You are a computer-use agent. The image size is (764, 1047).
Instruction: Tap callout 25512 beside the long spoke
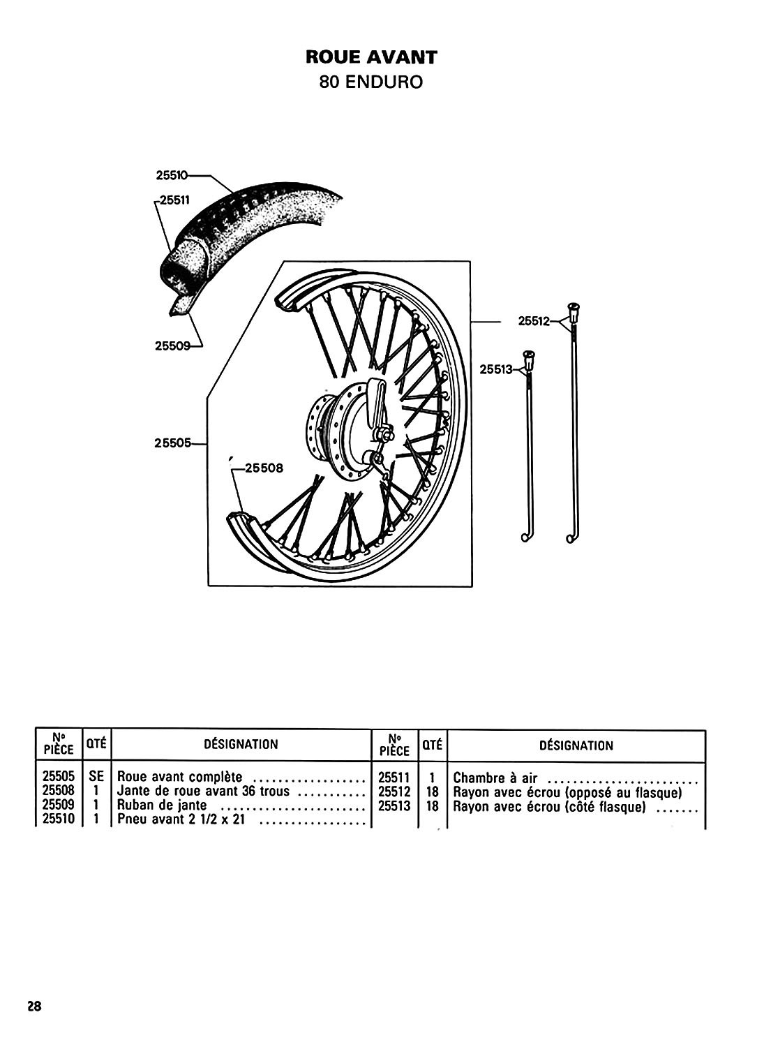coord(534,322)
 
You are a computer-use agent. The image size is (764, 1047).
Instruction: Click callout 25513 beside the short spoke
coord(496,370)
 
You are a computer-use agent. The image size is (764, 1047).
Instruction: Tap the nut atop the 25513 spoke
coord(528,359)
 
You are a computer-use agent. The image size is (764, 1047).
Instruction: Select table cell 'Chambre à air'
coord(495,778)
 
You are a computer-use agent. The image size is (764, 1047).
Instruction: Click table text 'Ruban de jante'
coord(162,805)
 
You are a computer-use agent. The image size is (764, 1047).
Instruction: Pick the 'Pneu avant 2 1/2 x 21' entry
coord(181,819)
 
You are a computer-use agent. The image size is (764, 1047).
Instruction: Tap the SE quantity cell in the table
coord(96,777)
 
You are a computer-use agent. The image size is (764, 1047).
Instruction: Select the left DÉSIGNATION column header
coord(241,744)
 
